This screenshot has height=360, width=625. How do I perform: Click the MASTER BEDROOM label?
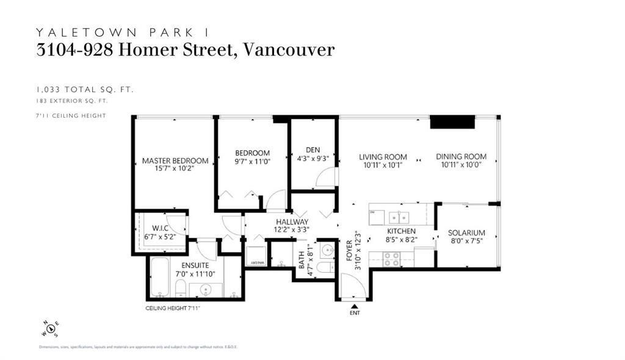click(x=175, y=161)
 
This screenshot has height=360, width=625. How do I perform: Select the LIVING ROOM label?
click(x=383, y=157)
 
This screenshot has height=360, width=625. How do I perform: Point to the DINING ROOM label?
click(x=461, y=157)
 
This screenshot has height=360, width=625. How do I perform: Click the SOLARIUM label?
click(x=466, y=233)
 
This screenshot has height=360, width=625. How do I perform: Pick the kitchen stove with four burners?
click(x=392, y=259)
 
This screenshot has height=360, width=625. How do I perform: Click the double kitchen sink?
click(x=399, y=217)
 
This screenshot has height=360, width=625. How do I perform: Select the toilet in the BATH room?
click(x=325, y=267)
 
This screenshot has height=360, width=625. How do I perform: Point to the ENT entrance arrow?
click(x=355, y=306)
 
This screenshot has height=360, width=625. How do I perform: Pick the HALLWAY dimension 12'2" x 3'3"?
click(x=292, y=230)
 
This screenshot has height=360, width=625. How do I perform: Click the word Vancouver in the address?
click(x=289, y=49)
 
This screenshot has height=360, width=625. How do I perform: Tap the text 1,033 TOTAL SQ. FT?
click(x=85, y=90)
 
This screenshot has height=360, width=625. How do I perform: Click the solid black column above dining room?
click(x=452, y=122)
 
